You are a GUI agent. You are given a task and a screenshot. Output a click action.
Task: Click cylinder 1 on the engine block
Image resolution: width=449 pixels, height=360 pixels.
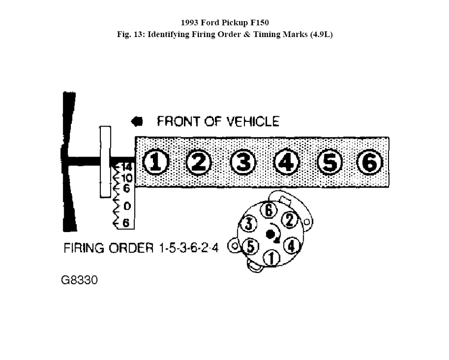pyautogui.click(x=155, y=162)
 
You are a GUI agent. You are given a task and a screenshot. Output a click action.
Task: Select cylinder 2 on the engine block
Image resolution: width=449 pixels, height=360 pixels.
pyautogui.click(x=199, y=162)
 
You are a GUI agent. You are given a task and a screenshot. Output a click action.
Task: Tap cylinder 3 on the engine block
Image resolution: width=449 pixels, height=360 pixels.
pyautogui.click(x=243, y=162)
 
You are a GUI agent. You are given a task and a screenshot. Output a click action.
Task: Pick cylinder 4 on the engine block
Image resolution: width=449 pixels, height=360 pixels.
pyautogui.click(x=286, y=162)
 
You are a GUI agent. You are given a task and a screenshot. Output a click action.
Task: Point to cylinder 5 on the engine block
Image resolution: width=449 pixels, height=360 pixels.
pyautogui.click(x=330, y=162)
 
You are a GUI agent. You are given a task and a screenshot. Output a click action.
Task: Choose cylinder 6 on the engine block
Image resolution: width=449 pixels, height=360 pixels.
pyautogui.click(x=370, y=162)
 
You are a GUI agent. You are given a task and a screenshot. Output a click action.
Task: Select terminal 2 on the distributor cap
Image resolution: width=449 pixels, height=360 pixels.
pyautogui.click(x=289, y=220)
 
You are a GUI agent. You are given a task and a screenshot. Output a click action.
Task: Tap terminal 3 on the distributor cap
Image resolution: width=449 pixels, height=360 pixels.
pyautogui.click(x=249, y=224)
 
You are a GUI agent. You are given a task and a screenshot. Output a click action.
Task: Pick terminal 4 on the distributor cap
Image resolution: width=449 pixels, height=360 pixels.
pyautogui.click(x=291, y=246)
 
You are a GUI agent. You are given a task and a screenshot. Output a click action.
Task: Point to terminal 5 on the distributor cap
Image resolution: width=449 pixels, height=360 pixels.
pyautogui.click(x=250, y=247)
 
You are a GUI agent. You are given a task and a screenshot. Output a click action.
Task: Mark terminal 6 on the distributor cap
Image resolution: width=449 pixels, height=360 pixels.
pyautogui.click(x=268, y=210)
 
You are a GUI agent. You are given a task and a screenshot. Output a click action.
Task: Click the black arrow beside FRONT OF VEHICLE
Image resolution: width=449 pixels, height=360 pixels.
pyautogui.click(x=137, y=121)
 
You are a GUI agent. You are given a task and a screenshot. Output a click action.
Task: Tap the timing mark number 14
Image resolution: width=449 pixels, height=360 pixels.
pyautogui.click(x=126, y=167)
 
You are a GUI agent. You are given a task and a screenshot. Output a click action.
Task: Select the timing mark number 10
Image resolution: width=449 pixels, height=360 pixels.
pyautogui.click(x=127, y=178)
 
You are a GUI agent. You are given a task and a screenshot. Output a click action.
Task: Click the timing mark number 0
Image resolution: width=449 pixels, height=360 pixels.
pyautogui.click(x=127, y=206)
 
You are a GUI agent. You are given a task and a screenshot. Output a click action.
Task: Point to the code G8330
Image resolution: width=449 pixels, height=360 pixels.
pyautogui.click(x=79, y=280)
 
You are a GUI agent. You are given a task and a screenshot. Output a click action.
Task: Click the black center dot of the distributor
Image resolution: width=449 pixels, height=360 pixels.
pyautogui.click(x=270, y=234)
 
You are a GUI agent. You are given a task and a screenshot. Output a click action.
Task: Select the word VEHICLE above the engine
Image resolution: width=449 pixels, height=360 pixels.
pyautogui.click(x=252, y=121)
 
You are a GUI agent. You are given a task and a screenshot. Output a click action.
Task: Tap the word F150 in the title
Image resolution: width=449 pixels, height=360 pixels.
pyautogui.click(x=259, y=22)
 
